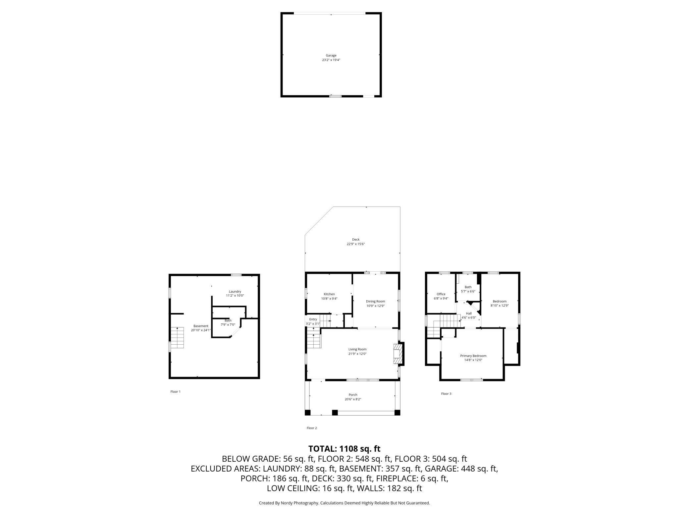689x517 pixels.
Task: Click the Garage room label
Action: (x=331, y=55)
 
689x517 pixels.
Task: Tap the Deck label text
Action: (x=356, y=239)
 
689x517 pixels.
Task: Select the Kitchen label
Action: (x=329, y=294)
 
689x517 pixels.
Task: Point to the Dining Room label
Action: (x=375, y=301)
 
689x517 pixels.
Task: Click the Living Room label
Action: (x=357, y=349)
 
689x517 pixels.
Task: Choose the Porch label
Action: (x=353, y=395)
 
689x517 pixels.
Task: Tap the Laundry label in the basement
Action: (x=235, y=291)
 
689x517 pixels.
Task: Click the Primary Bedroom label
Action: (x=473, y=356)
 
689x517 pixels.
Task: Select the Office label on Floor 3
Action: (x=441, y=294)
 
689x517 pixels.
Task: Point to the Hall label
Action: (x=469, y=313)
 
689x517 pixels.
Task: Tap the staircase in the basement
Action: (x=177, y=338)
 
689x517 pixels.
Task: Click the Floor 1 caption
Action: (x=176, y=391)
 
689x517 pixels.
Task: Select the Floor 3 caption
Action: (x=446, y=394)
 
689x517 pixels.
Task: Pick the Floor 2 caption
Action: (x=312, y=428)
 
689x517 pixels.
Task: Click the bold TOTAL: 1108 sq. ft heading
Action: (x=344, y=449)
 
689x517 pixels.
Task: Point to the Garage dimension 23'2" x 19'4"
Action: (x=331, y=60)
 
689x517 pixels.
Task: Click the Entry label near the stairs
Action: (x=313, y=319)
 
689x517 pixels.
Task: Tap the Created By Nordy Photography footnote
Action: (x=344, y=503)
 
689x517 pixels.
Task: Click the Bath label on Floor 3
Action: (x=468, y=287)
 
